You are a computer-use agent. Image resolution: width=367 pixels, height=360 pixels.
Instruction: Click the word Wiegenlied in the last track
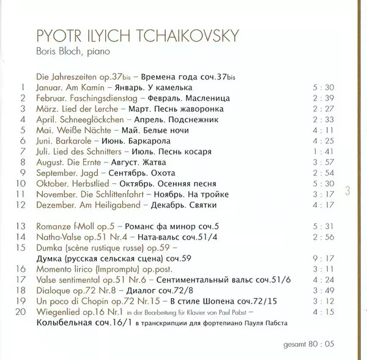click(59, 312)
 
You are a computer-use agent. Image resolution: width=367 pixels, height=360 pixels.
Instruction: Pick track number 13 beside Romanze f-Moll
click(22, 226)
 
